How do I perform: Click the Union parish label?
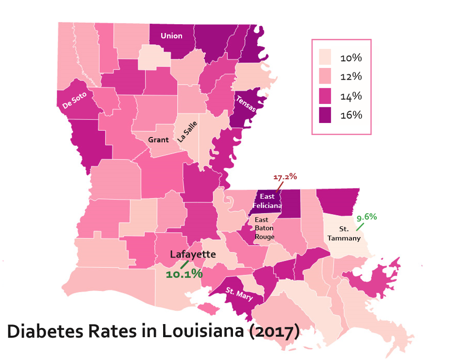click(x=171, y=35)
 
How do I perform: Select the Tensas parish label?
click(x=245, y=104)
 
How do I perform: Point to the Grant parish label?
click(x=158, y=140)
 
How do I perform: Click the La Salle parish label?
click(x=187, y=131)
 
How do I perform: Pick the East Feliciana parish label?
click(x=270, y=201)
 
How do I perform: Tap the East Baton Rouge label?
click(x=265, y=228)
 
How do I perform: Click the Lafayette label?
click(x=193, y=254)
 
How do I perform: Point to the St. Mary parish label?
click(x=239, y=294)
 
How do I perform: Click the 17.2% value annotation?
click(x=285, y=177)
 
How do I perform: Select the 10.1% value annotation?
click(x=184, y=274)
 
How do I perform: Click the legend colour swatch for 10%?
click(x=325, y=58)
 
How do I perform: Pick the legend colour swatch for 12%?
click(x=325, y=77)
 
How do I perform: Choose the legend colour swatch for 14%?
click(x=325, y=96)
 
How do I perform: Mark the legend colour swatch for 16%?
click(x=325, y=115)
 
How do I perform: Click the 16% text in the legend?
click(x=351, y=115)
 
